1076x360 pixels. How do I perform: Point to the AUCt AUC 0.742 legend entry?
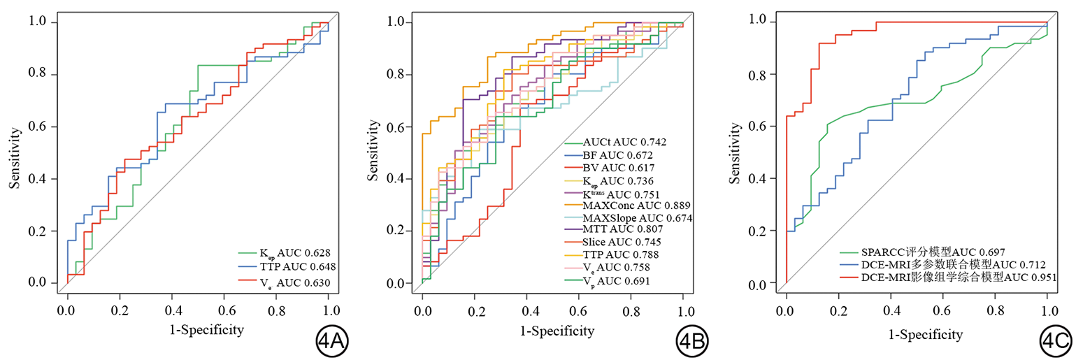coord(615,142)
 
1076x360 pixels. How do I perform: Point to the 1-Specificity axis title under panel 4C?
coord(917,334)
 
